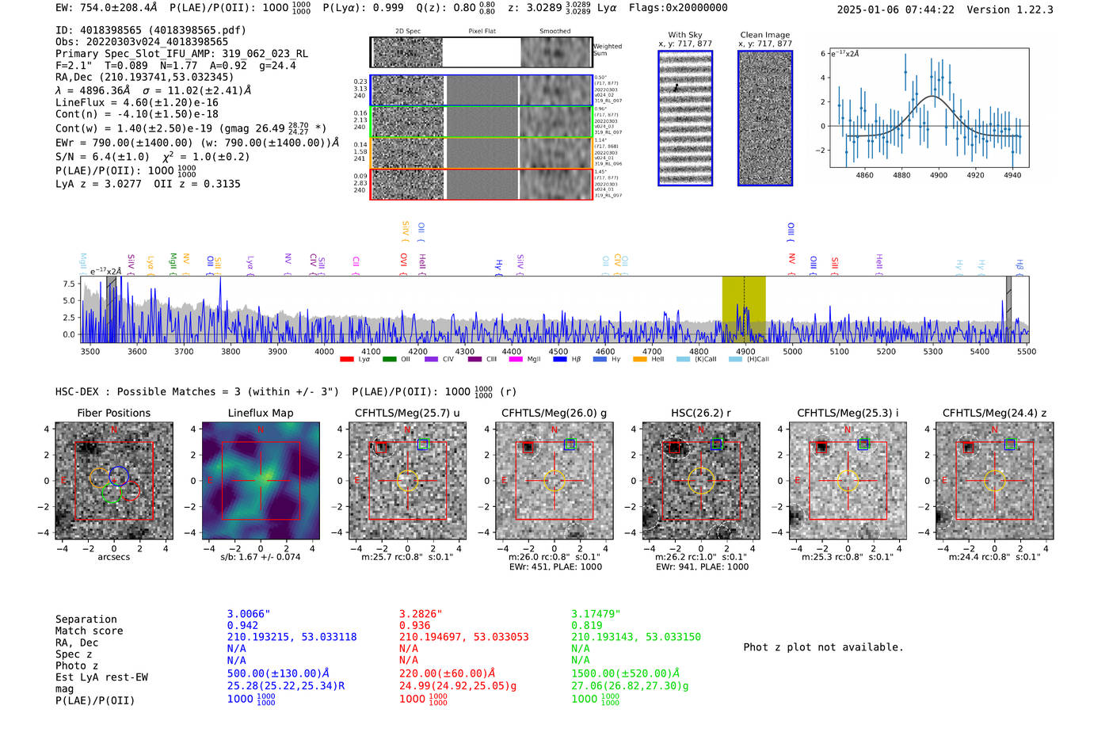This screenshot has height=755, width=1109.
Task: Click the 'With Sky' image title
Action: click(684, 35)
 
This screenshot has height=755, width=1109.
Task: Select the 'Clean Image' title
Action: click(764, 35)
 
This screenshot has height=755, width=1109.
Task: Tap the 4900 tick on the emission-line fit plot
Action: click(939, 175)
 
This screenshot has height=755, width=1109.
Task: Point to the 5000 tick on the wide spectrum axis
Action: click(792, 352)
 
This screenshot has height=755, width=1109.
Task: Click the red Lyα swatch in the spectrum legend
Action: click(346, 360)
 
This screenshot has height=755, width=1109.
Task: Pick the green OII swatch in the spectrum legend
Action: click(389, 360)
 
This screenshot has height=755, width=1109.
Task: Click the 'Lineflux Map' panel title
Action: click(260, 413)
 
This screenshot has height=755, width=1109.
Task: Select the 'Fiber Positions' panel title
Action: click(113, 413)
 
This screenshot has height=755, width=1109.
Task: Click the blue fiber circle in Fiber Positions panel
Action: click(119, 475)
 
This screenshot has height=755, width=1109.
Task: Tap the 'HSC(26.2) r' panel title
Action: click(700, 413)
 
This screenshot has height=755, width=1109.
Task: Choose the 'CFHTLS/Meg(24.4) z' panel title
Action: click(994, 413)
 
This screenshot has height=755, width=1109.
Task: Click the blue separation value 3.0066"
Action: click(249, 614)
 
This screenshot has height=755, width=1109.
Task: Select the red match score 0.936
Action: click(414, 625)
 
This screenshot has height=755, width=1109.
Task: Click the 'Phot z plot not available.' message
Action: click(823, 647)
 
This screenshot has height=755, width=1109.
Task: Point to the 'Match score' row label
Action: click(89, 631)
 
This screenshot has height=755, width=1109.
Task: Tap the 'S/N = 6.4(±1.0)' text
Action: click(102, 157)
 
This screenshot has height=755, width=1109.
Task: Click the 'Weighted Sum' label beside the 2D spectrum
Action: click(607, 50)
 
